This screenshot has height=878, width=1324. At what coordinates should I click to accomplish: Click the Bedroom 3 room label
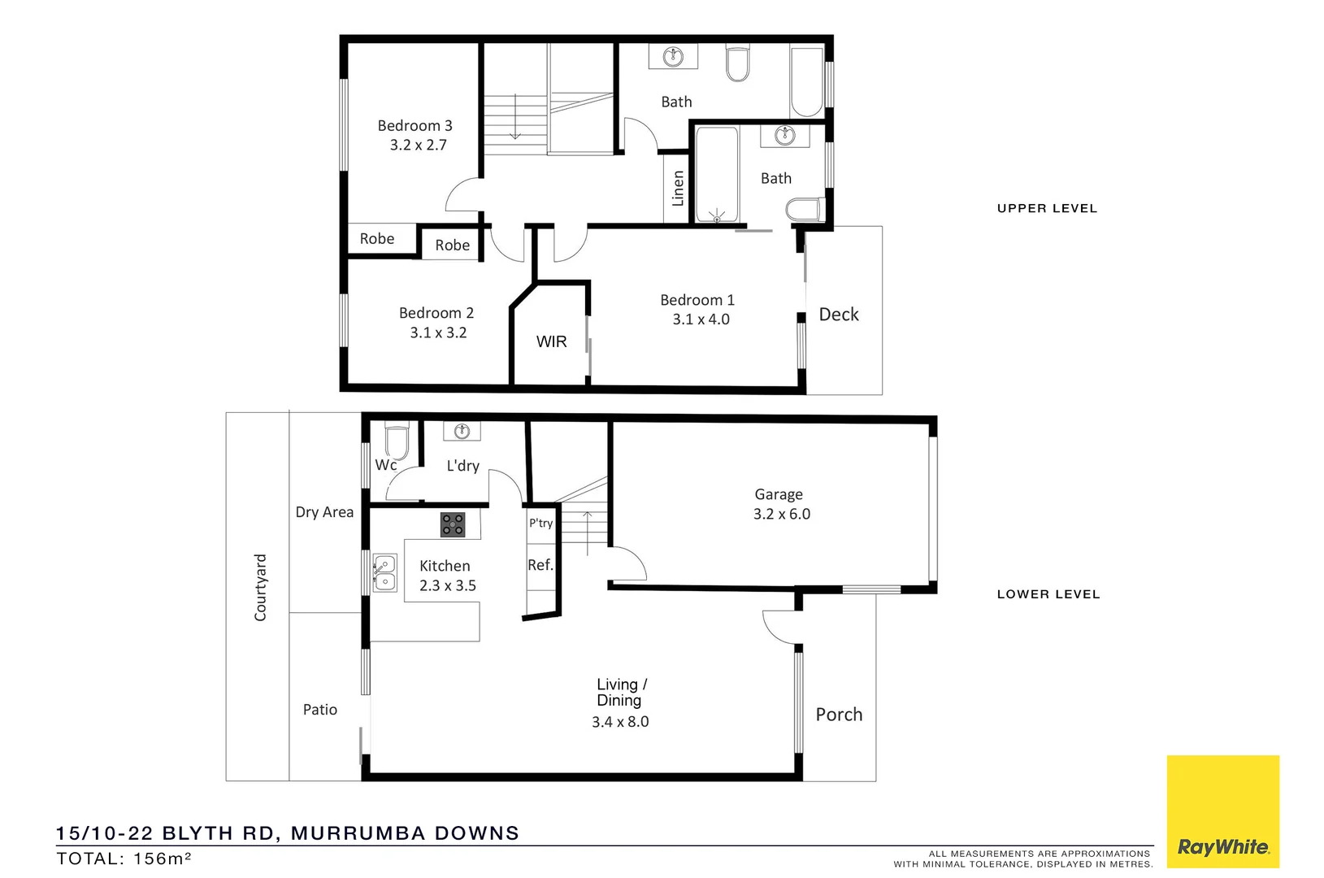pos(415,126)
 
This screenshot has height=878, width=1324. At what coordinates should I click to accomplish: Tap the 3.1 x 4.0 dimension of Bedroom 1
pos(701,319)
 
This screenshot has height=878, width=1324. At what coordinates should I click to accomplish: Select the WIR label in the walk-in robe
pos(551,342)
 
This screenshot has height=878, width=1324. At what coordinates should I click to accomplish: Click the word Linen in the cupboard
pos(678,188)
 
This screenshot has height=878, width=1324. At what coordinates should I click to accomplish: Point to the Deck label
pos(839,315)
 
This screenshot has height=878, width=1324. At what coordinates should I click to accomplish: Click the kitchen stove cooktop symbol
pos(453,524)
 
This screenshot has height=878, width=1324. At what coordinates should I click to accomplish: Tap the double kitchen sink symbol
pos(385,572)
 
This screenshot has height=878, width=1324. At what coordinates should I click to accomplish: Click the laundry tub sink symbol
pos(462,431)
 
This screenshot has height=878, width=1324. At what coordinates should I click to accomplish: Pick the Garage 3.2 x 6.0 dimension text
pos(781,514)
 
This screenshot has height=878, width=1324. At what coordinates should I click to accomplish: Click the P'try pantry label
pos(540,523)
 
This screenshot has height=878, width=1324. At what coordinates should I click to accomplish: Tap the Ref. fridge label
pos(540,565)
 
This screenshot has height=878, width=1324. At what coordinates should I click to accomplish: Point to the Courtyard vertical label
pos(260,588)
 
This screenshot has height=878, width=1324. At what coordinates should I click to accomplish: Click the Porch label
pos(839,715)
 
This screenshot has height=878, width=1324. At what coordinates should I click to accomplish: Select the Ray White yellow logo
pos(1222,811)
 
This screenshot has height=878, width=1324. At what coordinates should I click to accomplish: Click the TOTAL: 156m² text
pos(124,858)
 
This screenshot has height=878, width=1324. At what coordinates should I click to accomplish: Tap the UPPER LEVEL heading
pos(1047,208)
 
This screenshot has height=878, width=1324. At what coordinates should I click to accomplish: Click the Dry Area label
pos(324,512)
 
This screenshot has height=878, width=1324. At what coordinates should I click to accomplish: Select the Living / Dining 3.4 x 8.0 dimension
pos(620,722)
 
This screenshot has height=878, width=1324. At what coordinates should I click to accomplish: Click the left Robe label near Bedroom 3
pos(377,239)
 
